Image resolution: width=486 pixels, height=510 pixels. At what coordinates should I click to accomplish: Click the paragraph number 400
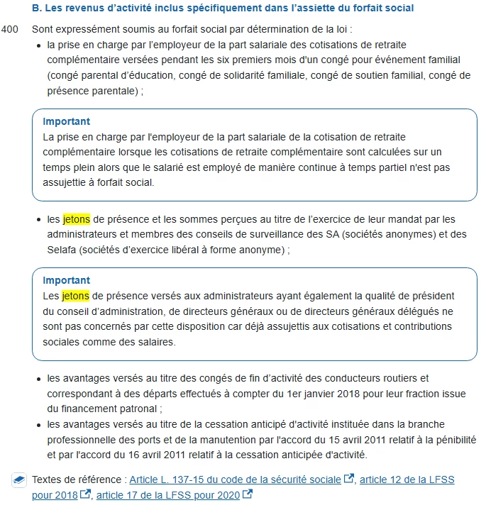point(11,31)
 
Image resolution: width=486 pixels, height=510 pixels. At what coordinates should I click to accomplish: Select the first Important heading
point(66,121)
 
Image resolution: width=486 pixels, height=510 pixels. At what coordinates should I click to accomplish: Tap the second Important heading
point(66,280)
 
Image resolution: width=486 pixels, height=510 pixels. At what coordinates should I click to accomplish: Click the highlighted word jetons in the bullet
point(77,219)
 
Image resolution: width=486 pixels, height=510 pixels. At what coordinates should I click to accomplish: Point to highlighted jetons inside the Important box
point(76,295)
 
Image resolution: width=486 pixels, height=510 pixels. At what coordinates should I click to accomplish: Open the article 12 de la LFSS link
point(407,480)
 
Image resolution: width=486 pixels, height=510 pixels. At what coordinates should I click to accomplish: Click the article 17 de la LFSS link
point(171,494)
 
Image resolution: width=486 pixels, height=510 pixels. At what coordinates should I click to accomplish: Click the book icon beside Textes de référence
point(19,480)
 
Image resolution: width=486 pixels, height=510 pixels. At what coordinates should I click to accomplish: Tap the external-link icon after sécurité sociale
point(348,479)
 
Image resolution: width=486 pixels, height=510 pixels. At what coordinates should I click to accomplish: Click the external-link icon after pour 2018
point(85,494)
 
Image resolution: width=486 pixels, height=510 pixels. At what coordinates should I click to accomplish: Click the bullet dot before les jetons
point(38,220)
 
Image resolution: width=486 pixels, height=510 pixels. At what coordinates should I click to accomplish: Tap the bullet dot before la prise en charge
point(38,46)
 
